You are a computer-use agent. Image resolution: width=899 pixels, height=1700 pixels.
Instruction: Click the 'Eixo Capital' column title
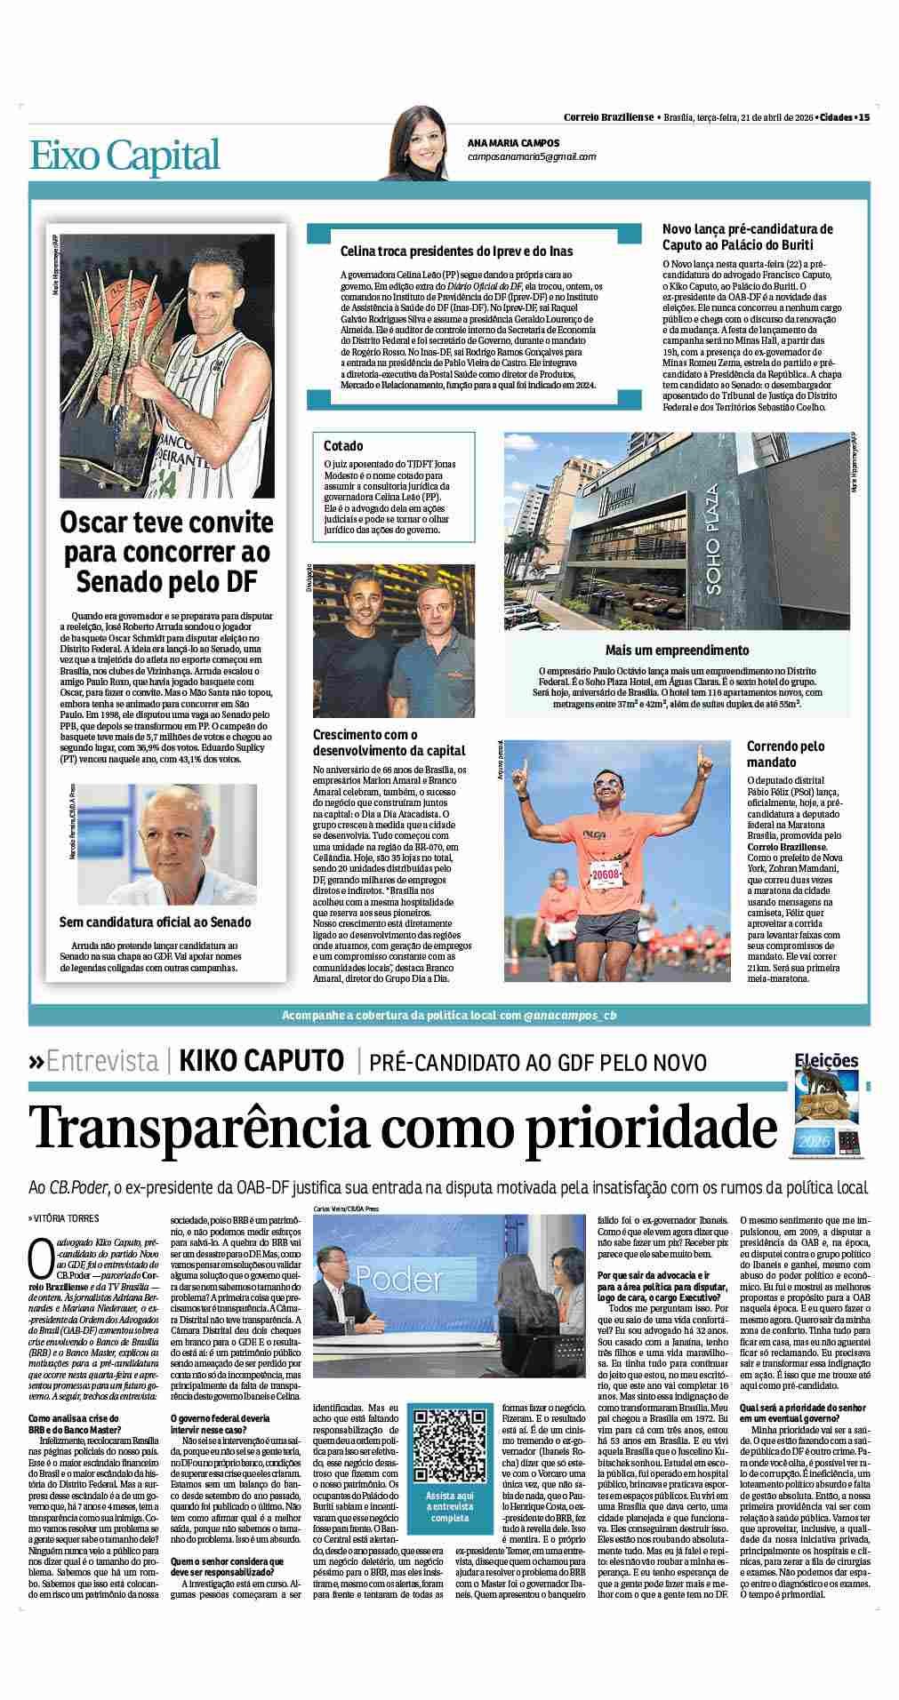pyautogui.click(x=124, y=155)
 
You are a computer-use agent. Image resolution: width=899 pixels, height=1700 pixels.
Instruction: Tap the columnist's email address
pyautogui.click(x=532, y=156)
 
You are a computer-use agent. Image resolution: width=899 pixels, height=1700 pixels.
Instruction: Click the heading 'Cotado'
pyautogui.click(x=343, y=446)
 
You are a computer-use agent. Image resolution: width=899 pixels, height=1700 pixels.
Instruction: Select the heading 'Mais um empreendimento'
pyautogui.click(x=677, y=650)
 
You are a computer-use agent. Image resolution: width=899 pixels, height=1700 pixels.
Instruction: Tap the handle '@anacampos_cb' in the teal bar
pyautogui.click(x=569, y=1015)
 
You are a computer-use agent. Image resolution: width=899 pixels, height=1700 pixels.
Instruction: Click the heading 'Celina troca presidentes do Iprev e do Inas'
pyautogui.click(x=456, y=251)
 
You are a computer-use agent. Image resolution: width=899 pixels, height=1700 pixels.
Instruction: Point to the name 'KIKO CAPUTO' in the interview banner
pyautogui.click(x=261, y=1061)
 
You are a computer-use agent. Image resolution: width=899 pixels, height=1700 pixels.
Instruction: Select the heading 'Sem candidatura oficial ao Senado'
pyautogui.click(x=155, y=922)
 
